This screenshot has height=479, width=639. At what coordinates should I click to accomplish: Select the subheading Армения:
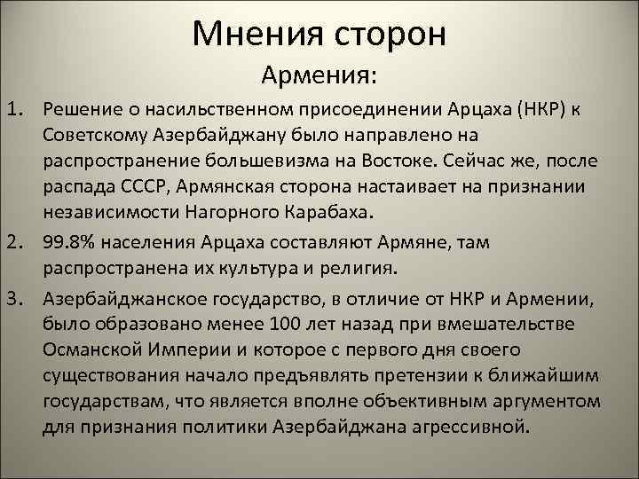(320, 77)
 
